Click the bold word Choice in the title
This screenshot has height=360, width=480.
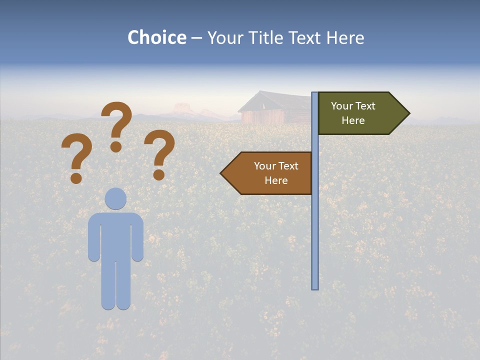156,37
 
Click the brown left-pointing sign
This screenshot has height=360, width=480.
270,173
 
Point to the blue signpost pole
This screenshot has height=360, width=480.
315,225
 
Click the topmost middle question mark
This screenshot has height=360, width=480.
116,125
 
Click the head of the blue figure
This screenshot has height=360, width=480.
116,198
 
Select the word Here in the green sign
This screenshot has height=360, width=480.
353,120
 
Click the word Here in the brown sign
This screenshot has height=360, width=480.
276,180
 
